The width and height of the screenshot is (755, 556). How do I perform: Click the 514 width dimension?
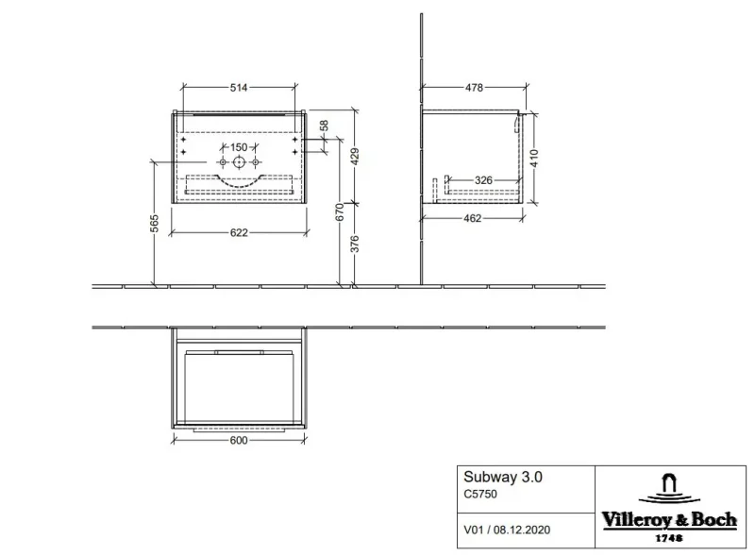239,87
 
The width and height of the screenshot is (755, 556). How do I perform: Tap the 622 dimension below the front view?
239,233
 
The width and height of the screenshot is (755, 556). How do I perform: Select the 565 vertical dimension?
154,223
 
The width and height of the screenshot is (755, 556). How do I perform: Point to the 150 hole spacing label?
239,147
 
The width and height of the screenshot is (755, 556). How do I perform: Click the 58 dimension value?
324,126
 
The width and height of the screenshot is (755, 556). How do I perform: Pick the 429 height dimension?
355,157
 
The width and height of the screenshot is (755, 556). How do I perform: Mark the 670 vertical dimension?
340,212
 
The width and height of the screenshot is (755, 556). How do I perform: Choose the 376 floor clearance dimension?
355,244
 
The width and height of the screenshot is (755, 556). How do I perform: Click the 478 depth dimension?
474,87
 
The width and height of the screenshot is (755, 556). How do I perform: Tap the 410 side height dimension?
534,158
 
